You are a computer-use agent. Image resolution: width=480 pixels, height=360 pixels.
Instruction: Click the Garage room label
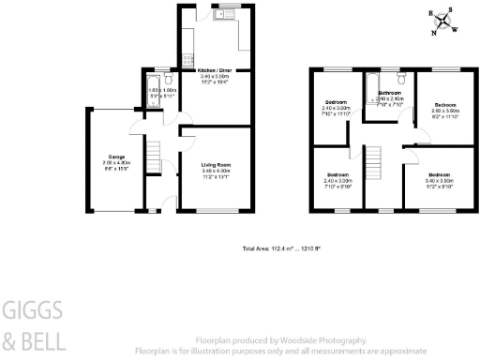117,157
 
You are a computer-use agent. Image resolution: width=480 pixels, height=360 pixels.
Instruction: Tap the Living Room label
215,165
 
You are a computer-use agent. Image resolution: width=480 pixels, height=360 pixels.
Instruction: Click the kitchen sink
227,15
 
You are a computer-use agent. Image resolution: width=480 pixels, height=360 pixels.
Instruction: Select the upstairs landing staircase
372,161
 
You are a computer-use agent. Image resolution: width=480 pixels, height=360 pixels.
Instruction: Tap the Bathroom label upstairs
391,93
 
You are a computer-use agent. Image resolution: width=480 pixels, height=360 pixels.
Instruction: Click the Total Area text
281,247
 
